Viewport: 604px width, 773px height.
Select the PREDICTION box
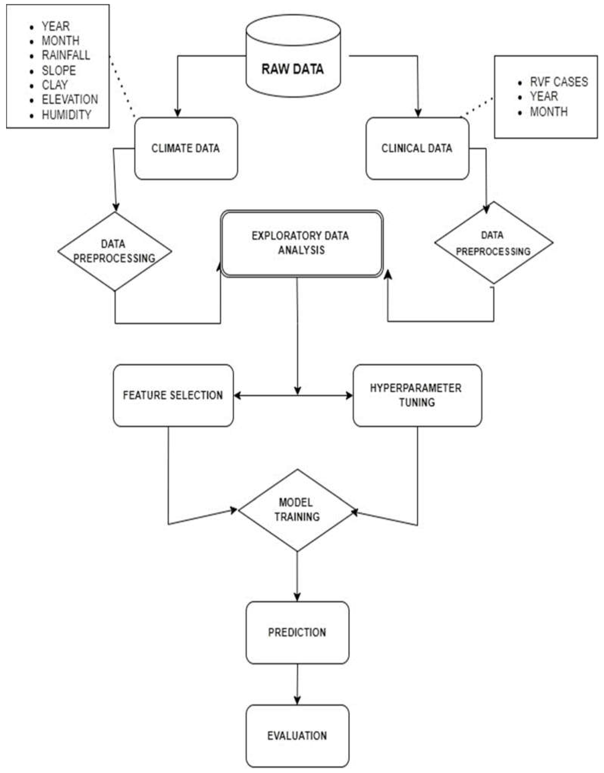[x=297, y=633]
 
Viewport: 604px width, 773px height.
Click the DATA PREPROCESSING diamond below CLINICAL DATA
[x=493, y=243]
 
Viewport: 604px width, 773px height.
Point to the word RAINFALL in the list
[x=66, y=55]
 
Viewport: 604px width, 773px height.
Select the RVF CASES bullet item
[x=558, y=82]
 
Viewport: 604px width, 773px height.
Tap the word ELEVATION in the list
[x=70, y=100]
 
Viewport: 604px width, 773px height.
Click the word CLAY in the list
[x=55, y=85]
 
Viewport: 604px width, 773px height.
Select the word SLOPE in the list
[x=59, y=70]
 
